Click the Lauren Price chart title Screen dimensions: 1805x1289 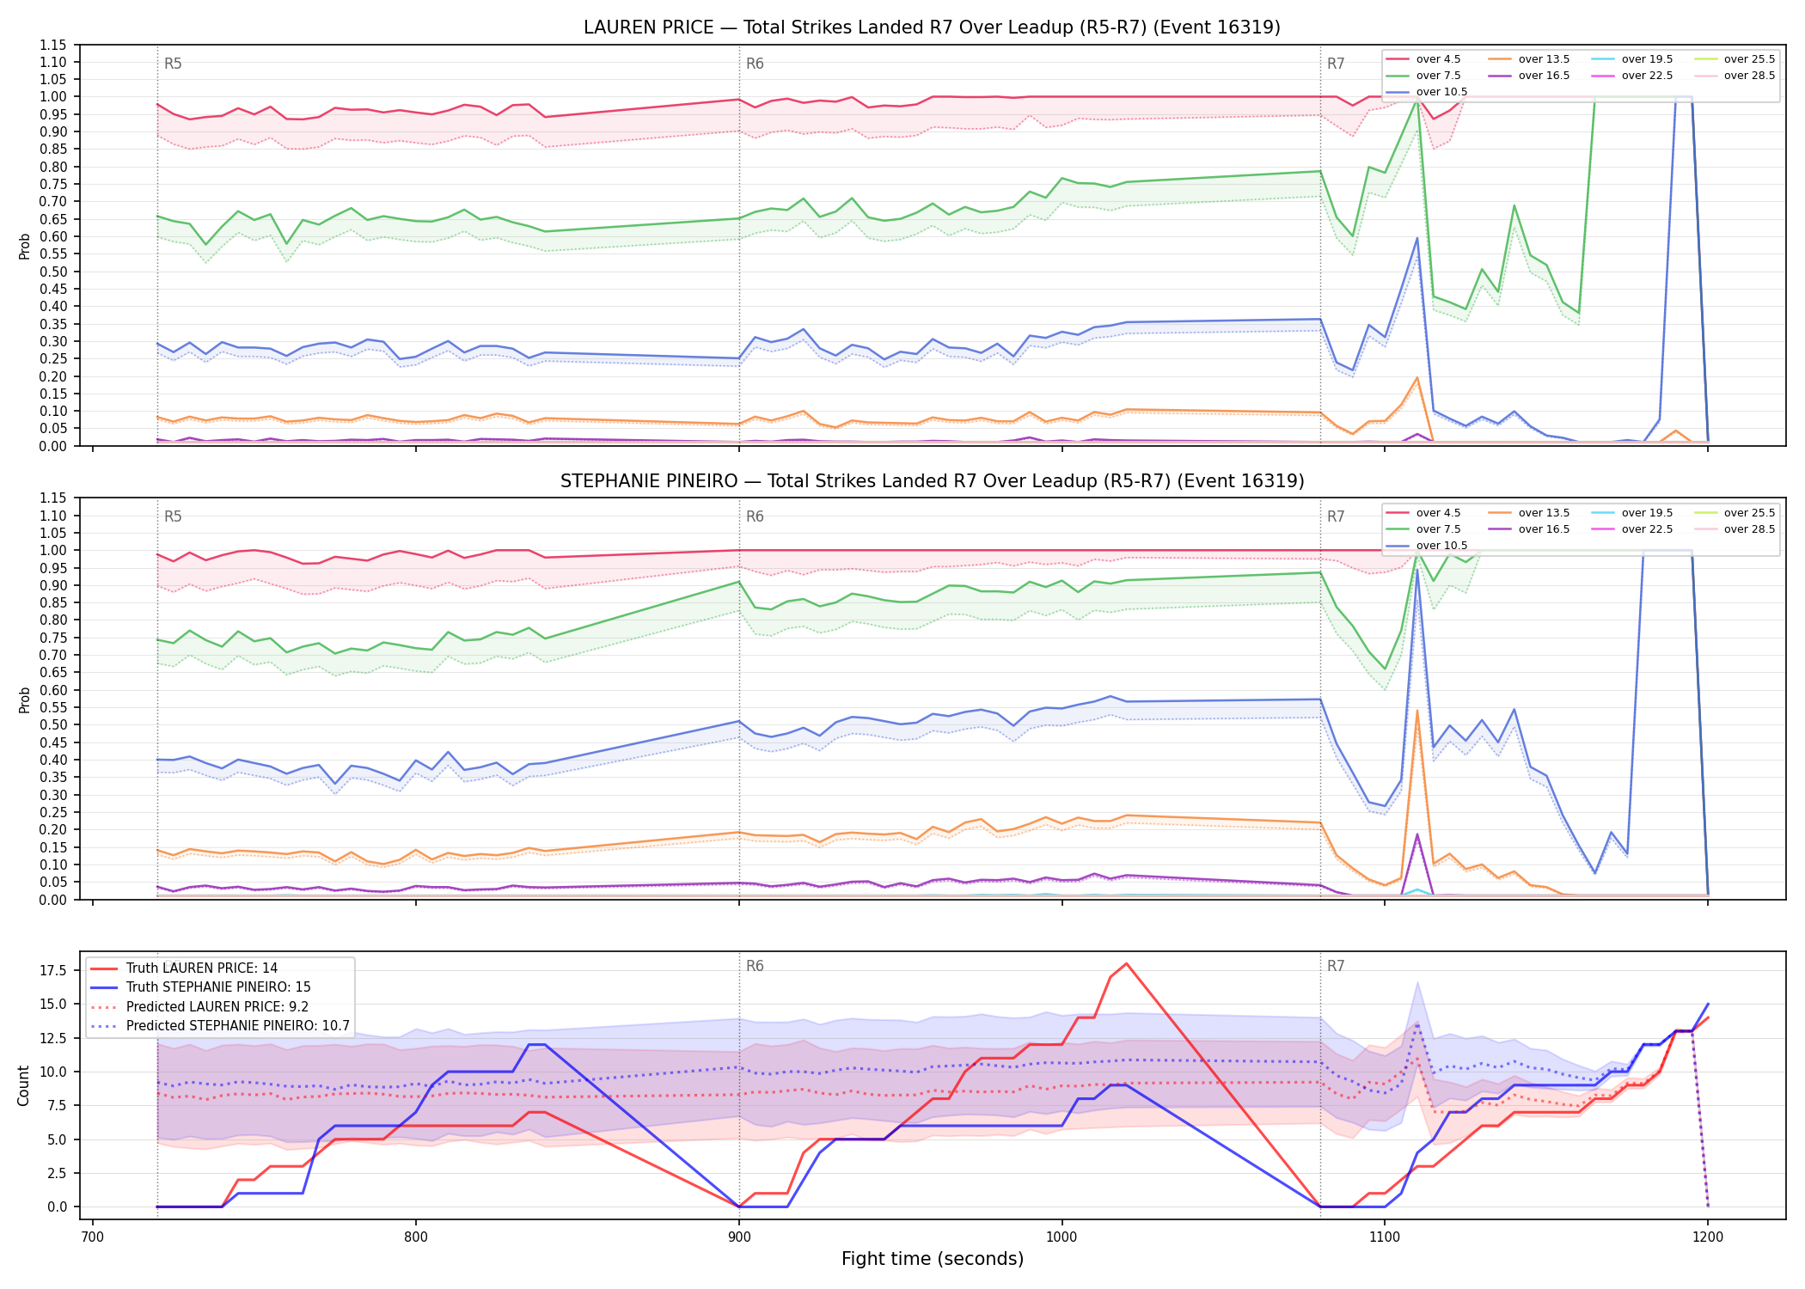pyautogui.click(x=932, y=27)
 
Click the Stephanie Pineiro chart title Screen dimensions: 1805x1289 pyautogui.click(x=932, y=481)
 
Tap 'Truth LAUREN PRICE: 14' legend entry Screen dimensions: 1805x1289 pyautogui.click(x=201, y=968)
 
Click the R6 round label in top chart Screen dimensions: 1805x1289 pyautogui.click(x=755, y=64)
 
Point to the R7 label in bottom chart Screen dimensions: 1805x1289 pyautogui.click(x=1336, y=966)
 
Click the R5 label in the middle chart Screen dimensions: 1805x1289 pyautogui.click(x=173, y=516)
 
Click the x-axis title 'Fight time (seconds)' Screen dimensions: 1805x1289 pyautogui.click(x=933, y=1259)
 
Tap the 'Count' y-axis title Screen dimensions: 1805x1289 pyautogui.click(x=23, y=1085)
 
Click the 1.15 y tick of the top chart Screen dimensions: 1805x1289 pyautogui.click(x=53, y=45)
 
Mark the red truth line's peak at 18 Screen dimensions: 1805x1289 pyautogui.click(x=1126, y=963)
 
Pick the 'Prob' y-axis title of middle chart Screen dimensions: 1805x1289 pyautogui.click(x=24, y=699)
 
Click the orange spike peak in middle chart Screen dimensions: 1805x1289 pyautogui.click(x=1416, y=710)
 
